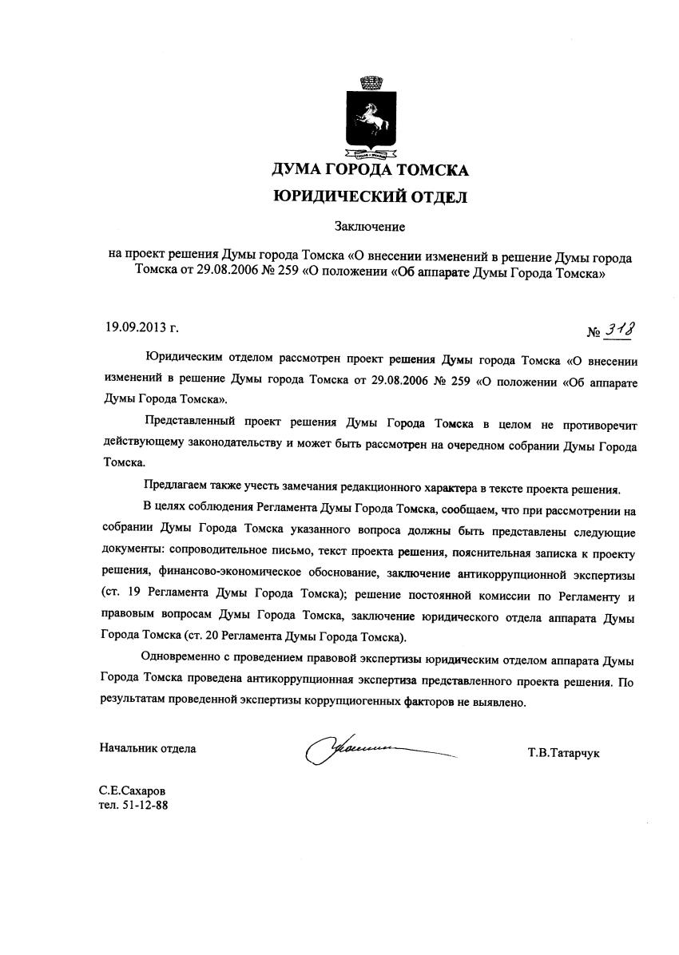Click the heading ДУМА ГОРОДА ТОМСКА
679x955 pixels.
(370, 169)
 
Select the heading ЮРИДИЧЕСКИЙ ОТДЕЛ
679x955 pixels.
(370, 196)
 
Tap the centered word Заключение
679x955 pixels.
(370, 228)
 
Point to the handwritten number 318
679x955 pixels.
(625, 328)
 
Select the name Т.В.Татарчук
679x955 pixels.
(564, 752)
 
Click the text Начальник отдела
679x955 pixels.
(148, 748)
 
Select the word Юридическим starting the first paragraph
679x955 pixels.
(185, 361)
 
